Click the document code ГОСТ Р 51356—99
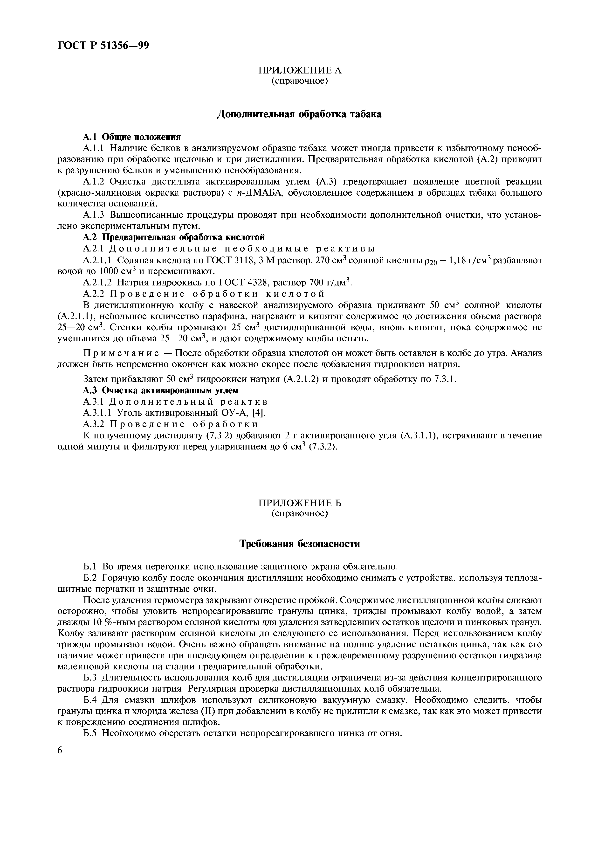103,45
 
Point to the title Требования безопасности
299,544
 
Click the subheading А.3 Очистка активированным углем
161,390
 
